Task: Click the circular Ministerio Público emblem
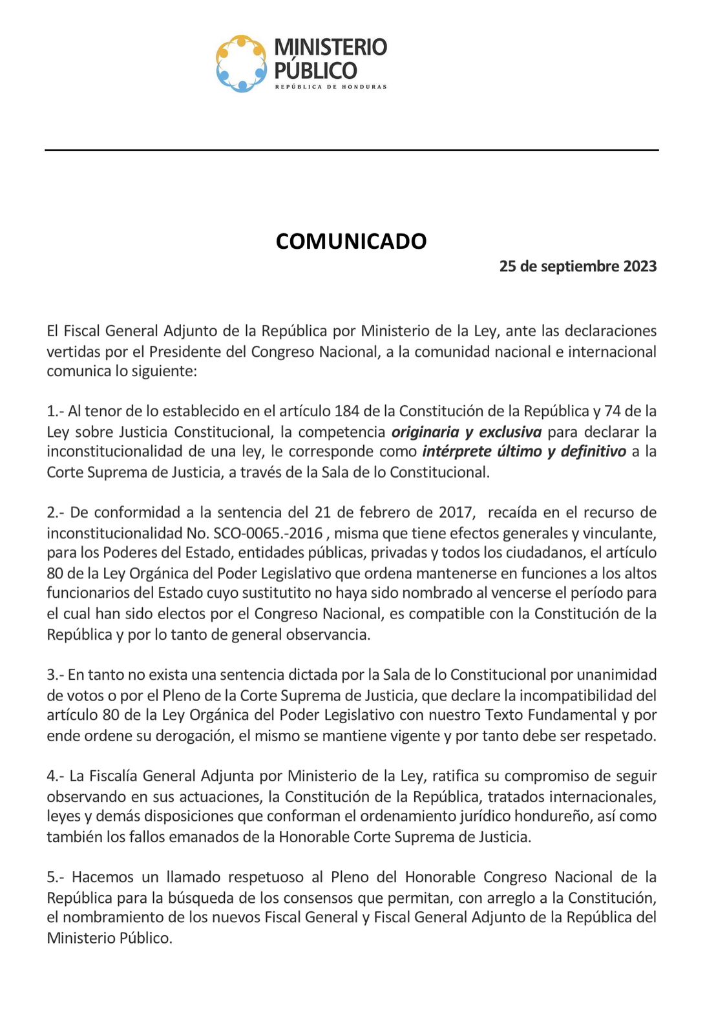241,63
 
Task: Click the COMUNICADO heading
351,241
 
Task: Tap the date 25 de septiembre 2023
578,266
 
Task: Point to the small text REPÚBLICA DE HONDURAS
331,87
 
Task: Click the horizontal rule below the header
352,150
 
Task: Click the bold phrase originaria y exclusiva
467,432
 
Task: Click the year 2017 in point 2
456,512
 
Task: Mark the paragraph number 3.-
56,675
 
